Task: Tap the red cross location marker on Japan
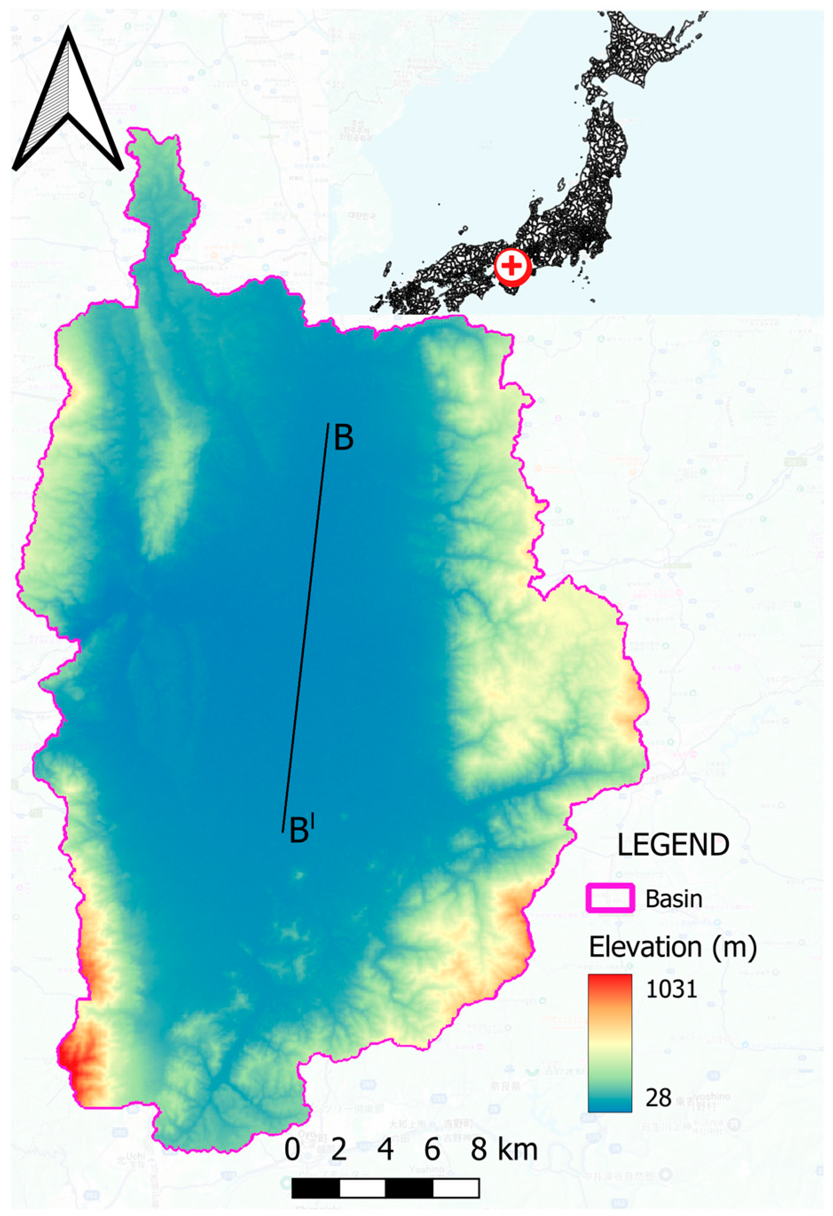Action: coord(512,267)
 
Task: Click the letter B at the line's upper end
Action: coord(344,438)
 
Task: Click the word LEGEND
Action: coord(672,845)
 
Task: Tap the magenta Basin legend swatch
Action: coord(610,898)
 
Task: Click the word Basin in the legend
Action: coord(673,898)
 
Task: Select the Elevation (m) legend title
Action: coord(672,947)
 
